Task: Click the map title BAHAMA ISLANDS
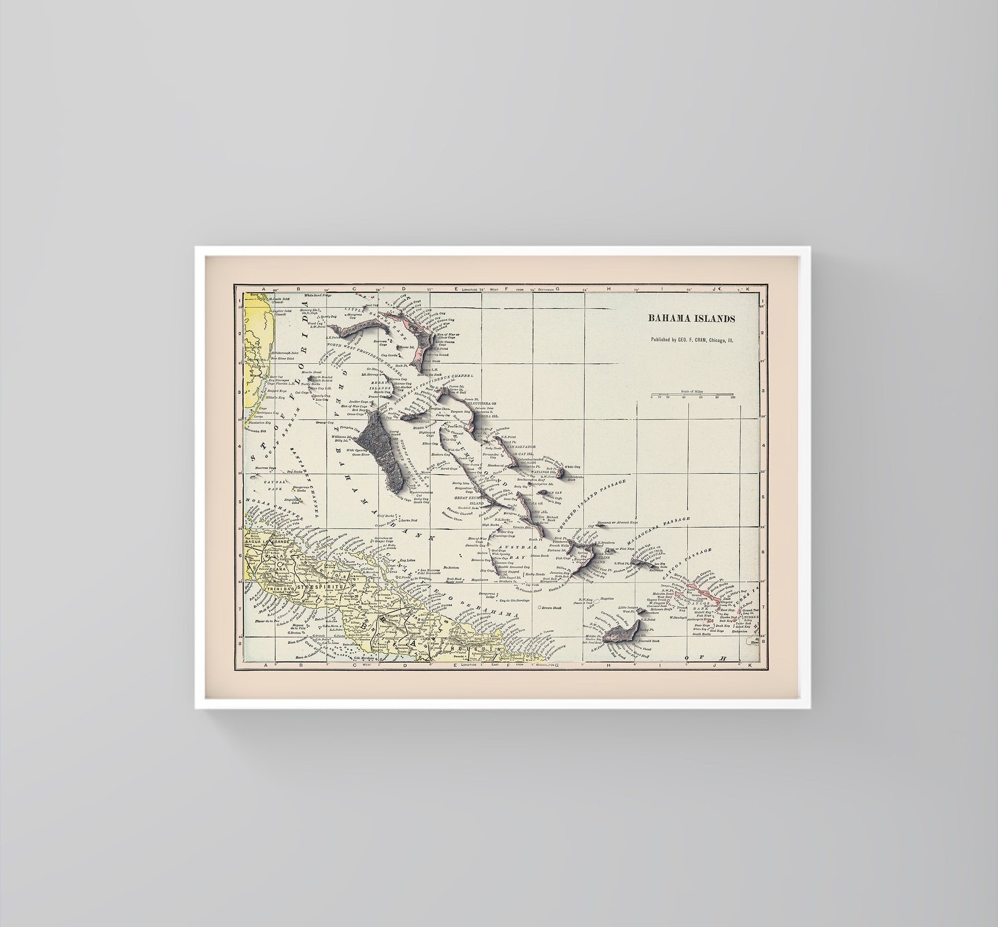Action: pos(691,319)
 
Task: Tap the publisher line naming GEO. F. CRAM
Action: pos(691,340)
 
